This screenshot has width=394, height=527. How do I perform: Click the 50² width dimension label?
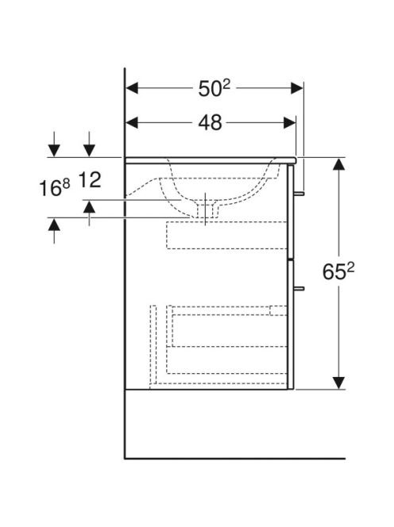[214, 89]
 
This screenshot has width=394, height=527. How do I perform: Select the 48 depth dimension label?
[210, 123]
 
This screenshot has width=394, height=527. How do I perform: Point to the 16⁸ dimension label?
[55, 187]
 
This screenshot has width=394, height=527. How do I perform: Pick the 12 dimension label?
[90, 180]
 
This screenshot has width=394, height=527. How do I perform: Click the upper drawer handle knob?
[299, 194]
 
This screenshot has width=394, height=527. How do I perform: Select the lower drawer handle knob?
[299, 288]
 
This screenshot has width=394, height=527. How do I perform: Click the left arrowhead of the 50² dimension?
[132, 88]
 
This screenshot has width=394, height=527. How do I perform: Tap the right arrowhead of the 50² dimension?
[297, 88]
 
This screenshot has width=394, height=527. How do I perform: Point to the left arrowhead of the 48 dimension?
[132, 123]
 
